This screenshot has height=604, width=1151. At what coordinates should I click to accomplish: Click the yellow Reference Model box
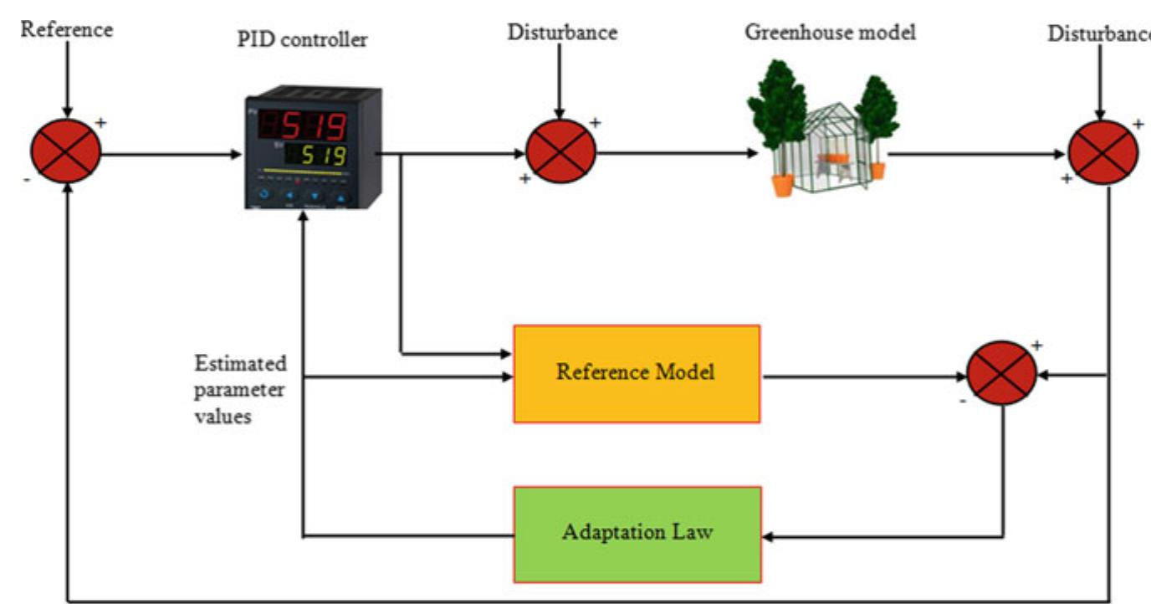click(637, 373)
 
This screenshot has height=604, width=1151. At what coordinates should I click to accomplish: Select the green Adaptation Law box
click(637, 534)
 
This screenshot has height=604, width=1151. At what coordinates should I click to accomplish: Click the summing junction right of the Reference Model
click(1001, 373)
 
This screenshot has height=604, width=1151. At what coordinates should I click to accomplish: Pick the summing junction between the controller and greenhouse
click(560, 152)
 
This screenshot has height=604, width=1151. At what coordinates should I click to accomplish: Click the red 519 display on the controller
click(314, 127)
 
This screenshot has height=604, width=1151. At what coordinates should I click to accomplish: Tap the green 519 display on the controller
click(321, 156)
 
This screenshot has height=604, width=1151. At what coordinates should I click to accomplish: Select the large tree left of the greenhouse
click(777, 109)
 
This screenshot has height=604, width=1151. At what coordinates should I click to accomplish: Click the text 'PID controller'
click(302, 39)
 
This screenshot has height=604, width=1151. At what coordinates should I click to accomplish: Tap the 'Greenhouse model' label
click(830, 33)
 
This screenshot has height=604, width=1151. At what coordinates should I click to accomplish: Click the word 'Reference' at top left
click(66, 30)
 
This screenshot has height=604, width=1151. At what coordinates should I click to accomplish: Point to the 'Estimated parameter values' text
click(240, 390)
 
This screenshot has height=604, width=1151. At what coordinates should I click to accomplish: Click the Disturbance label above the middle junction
click(562, 33)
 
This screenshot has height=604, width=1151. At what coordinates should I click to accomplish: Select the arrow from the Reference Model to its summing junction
click(862, 376)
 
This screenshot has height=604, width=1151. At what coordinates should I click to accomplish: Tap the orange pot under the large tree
click(782, 184)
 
